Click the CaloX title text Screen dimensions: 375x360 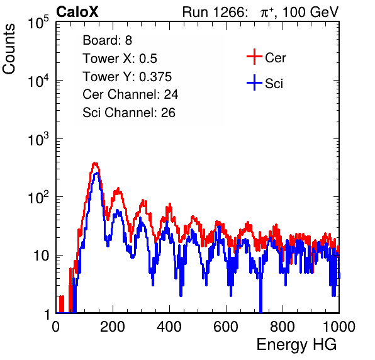(x=77, y=12)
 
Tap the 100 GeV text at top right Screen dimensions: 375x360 (x=310, y=12)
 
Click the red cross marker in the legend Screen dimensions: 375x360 (x=254, y=57)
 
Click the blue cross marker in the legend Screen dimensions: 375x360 (x=254, y=82)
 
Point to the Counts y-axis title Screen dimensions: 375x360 (x=9, y=49)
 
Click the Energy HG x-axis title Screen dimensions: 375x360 (x=296, y=344)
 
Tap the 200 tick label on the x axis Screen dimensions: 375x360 (x=113, y=327)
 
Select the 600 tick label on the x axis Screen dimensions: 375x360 (x=226, y=327)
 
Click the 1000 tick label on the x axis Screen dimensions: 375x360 (x=339, y=327)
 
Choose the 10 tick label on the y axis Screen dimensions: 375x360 (x=41, y=256)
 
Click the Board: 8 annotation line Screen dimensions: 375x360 (x=108, y=40)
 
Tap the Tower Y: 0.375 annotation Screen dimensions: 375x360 (x=127, y=77)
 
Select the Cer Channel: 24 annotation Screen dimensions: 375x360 (x=130, y=94)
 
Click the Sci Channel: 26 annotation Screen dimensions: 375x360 (x=129, y=113)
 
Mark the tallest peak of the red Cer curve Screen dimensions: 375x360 (x=95, y=163)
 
